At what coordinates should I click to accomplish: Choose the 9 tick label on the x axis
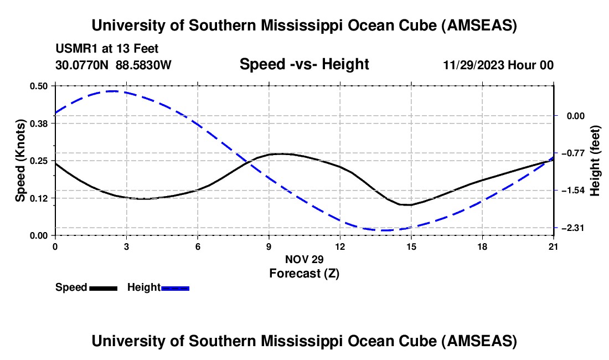(269, 246)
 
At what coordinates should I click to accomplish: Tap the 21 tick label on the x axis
(553, 246)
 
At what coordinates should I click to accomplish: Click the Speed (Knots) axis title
(20, 161)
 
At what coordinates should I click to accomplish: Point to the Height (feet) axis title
(595, 161)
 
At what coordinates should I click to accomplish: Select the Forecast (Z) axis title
(304, 273)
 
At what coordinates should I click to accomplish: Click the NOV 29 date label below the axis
(304, 259)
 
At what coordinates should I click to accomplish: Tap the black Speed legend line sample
(103, 288)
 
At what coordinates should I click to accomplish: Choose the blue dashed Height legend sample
(176, 288)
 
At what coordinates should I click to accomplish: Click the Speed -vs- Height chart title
(304, 65)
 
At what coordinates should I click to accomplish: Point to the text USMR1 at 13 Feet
(107, 49)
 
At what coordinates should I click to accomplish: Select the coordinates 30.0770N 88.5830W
(113, 65)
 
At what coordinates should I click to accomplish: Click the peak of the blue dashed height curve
(113, 91)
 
